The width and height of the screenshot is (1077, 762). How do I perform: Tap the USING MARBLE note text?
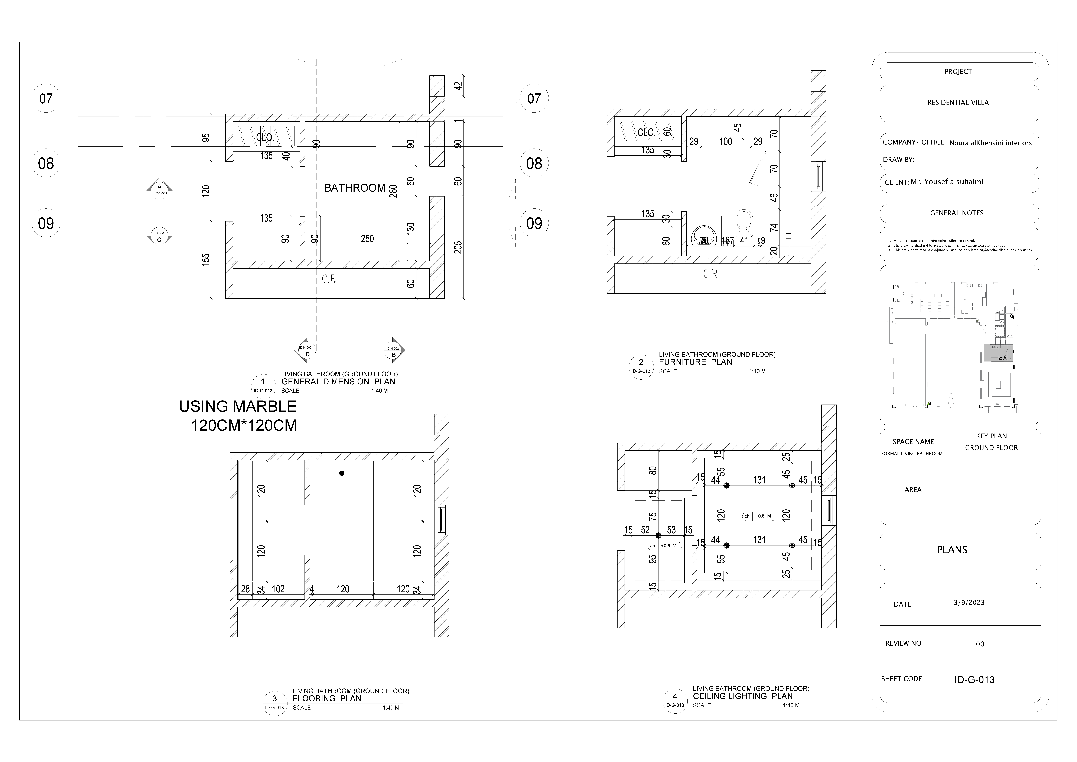tap(238, 406)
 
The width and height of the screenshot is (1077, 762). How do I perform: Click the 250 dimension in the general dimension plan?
tap(367, 239)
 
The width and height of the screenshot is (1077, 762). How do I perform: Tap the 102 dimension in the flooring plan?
tap(278, 589)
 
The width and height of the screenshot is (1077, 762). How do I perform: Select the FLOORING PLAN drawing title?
tap(327, 699)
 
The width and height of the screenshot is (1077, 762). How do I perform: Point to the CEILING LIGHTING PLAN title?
tap(743, 696)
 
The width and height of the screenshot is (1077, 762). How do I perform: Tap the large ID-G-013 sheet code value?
tap(974, 680)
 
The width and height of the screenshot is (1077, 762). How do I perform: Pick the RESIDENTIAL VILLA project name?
tap(958, 103)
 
